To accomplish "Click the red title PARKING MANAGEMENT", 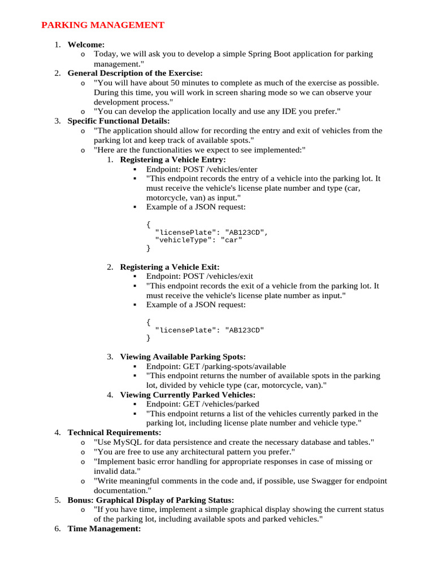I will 103,25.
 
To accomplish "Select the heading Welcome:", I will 86,45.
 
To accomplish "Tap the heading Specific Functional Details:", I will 118,121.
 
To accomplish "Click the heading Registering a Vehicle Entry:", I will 172,160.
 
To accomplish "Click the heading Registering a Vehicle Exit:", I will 170,267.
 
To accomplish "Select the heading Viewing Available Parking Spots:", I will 183,357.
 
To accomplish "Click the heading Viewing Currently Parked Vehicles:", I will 187,395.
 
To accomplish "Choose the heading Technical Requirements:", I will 114,432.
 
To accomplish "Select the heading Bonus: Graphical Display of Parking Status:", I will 150,500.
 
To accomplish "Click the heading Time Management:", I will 104,529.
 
